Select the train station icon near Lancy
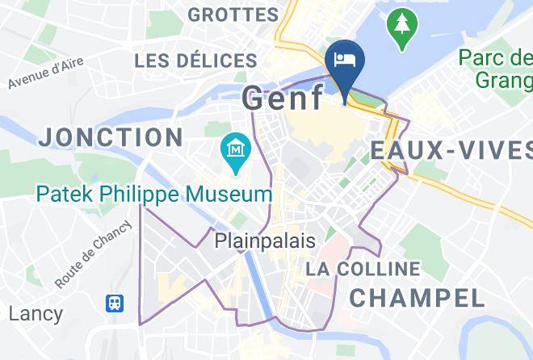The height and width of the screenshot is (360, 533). [115, 303]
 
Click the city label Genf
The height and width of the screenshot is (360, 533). [283, 99]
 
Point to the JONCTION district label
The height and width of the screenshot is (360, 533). [110, 136]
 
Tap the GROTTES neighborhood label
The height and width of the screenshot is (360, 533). [233, 15]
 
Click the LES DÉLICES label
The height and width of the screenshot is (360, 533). [195, 61]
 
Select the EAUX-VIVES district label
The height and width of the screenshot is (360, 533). [451, 150]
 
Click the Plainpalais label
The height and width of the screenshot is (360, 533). [265, 241]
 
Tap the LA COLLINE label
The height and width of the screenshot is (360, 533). [363, 269]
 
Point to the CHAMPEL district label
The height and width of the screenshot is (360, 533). [417, 297]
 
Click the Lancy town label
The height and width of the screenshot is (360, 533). [36, 313]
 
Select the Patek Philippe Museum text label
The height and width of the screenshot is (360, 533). [153, 195]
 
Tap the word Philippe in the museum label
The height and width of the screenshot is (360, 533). [140, 195]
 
